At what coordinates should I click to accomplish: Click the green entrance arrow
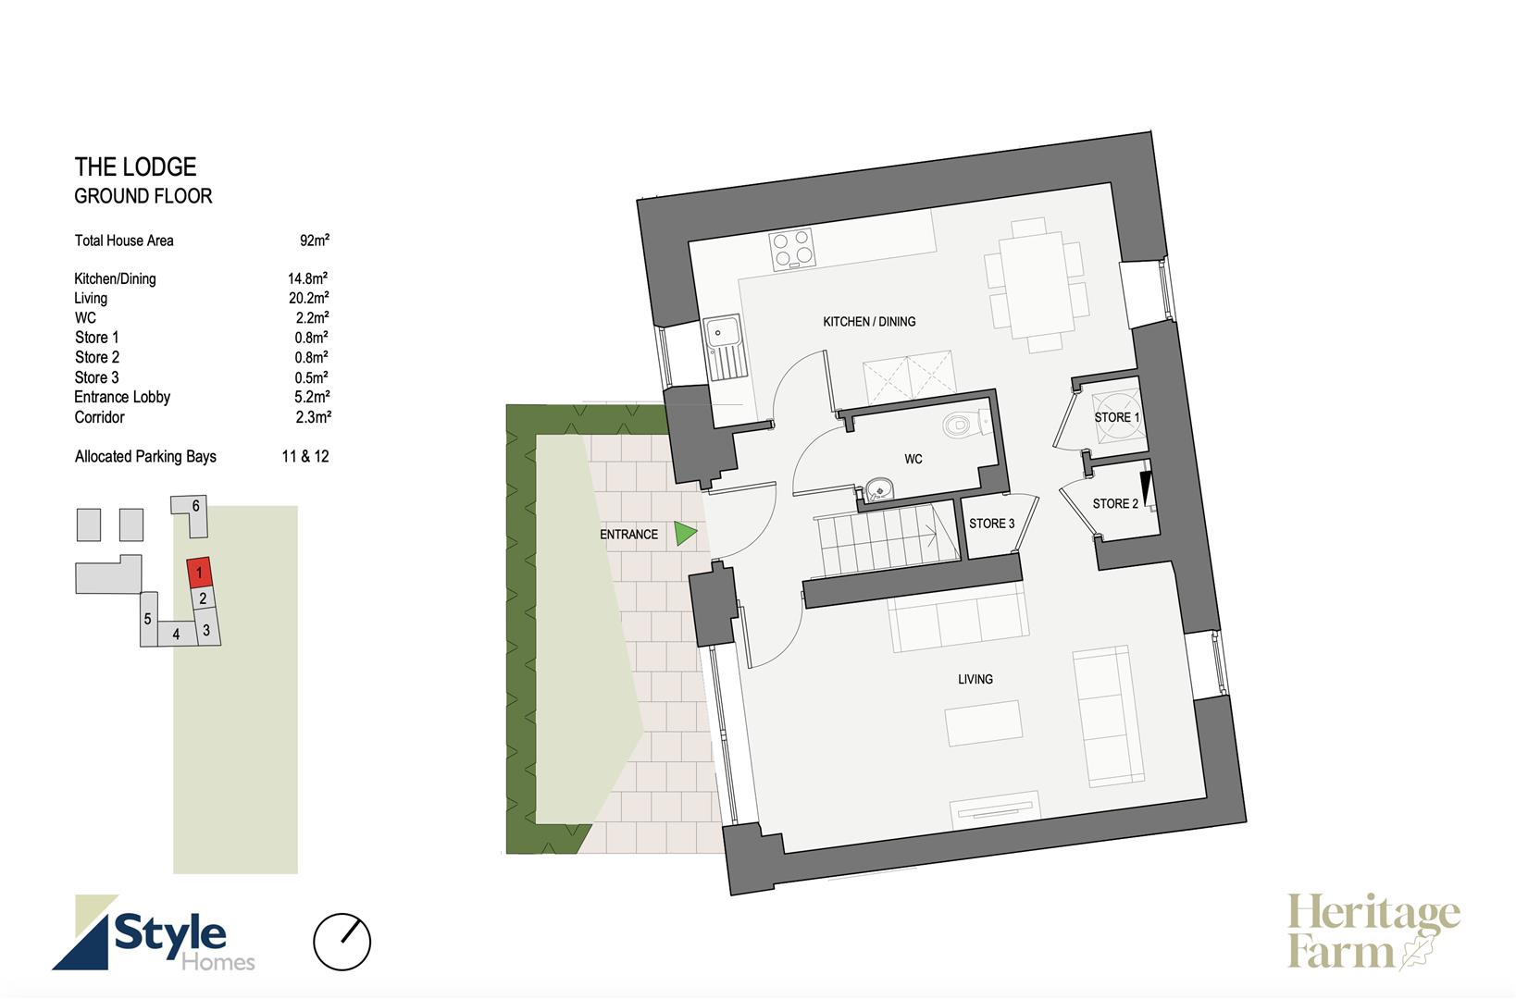click(684, 534)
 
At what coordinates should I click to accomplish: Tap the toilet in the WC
click(965, 424)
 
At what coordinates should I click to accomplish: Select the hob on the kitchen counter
click(792, 248)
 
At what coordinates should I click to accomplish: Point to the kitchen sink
click(724, 349)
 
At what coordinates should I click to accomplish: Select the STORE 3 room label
click(991, 524)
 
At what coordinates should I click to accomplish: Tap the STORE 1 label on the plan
click(1117, 417)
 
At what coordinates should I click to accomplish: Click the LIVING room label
click(975, 679)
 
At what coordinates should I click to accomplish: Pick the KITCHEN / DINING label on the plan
click(869, 322)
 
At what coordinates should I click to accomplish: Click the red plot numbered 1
click(199, 573)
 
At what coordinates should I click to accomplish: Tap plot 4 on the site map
click(176, 634)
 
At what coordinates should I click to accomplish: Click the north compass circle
click(342, 942)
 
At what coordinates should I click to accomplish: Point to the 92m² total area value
click(315, 240)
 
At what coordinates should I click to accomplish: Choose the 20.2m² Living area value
click(308, 298)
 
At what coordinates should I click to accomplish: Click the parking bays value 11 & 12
click(305, 457)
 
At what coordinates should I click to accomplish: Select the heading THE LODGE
click(135, 167)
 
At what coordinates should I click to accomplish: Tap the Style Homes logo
click(154, 933)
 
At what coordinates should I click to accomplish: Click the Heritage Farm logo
click(1373, 931)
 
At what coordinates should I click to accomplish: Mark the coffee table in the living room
click(984, 723)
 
